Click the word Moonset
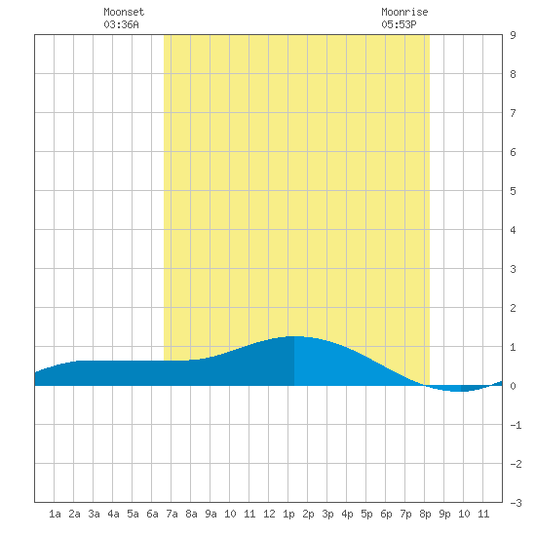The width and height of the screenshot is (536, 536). coord(124,12)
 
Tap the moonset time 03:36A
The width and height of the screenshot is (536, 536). coord(122,24)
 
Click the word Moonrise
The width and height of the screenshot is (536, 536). coord(404,12)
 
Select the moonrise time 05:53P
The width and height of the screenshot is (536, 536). coord(399,24)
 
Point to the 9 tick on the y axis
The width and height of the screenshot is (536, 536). coord(513,35)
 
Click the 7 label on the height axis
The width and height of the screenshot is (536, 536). coord(513,113)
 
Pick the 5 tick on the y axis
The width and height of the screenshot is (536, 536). coord(513,191)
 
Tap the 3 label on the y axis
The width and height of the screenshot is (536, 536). coord(513,269)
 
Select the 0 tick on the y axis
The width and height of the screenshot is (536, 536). coord(513,386)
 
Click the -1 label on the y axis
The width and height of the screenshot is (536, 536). coord(516,425)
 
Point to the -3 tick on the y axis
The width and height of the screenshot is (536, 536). coord(516,503)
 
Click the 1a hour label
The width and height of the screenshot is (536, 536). coord(55,514)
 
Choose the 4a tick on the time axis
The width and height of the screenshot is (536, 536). coord(113,514)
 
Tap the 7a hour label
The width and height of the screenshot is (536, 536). coord(172,514)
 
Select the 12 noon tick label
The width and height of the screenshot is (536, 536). coord(269,514)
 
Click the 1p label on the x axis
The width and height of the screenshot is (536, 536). coord(288,514)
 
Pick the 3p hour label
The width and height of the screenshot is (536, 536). coord(327,514)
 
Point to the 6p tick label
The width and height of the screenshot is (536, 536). coord(386,514)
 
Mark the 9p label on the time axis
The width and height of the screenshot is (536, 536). coord(444,514)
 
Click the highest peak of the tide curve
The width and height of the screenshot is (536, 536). coord(294,336)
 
